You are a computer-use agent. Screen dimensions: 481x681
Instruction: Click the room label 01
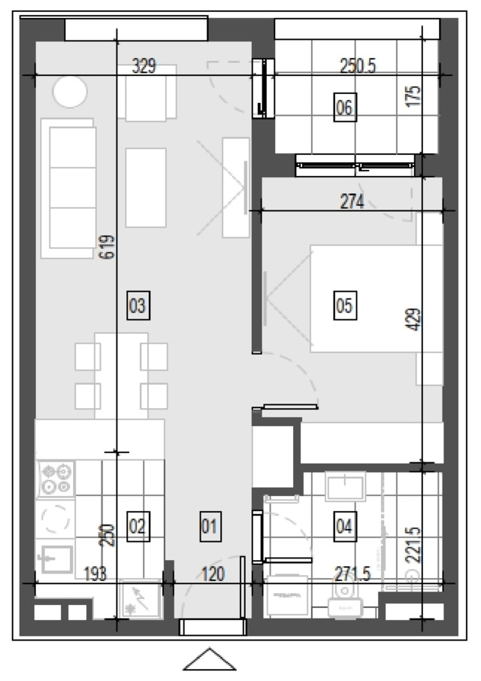pos(210,526)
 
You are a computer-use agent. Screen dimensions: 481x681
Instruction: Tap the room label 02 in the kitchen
pos(138,526)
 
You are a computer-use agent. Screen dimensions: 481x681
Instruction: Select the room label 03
pos(138,305)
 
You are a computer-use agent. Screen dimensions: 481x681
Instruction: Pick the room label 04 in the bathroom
pos(345,526)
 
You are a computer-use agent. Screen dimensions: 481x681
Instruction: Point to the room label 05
pos(345,305)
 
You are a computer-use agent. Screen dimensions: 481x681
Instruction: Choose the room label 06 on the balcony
pos(345,107)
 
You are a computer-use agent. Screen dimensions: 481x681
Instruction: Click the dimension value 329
pos(144,66)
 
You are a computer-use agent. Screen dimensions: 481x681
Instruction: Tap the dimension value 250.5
pos(358,66)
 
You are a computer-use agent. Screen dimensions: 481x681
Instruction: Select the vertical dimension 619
pos(107,247)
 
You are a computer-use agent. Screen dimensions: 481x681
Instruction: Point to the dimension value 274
pos(352,201)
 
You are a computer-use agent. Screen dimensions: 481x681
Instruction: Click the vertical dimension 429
pos(415,319)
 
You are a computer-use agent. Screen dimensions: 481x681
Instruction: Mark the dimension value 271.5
pos(352,574)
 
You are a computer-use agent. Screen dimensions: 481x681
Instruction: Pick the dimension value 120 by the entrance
pos(213,574)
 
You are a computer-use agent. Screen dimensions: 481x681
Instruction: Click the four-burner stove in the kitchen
pos(56,479)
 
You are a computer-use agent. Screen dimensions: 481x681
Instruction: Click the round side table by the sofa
pos(70,92)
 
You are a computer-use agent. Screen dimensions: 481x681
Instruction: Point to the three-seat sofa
pos(68,188)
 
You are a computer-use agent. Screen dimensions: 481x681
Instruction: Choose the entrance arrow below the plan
pos(210,659)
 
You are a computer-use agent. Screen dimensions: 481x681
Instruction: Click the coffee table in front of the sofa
pos(146,188)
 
